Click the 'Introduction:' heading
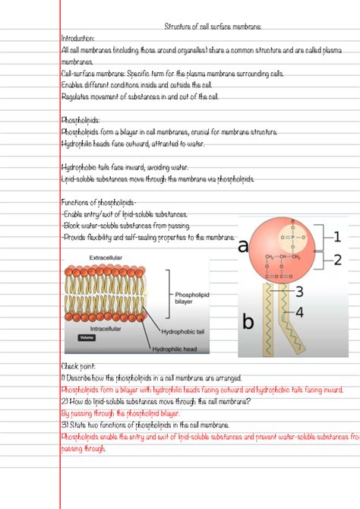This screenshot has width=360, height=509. pyautogui.click(x=77, y=37)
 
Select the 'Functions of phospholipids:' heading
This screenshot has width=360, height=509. pyautogui.click(x=99, y=202)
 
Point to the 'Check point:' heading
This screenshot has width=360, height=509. pyautogui.click(x=77, y=365)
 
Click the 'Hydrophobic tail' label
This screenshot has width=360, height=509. pyautogui.click(x=185, y=332)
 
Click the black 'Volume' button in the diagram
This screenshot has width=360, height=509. pyautogui.click(x=87, y=337)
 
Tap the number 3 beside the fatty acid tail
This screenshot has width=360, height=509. pyautogui.click(x=299, y=292)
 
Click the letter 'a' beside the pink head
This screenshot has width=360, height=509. pyautogui.click(x=243, y=245)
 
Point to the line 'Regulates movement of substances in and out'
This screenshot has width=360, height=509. pyautogui.click(x=129, y=96)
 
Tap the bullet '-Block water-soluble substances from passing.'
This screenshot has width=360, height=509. pyautogui.click(x=124, y=226)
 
